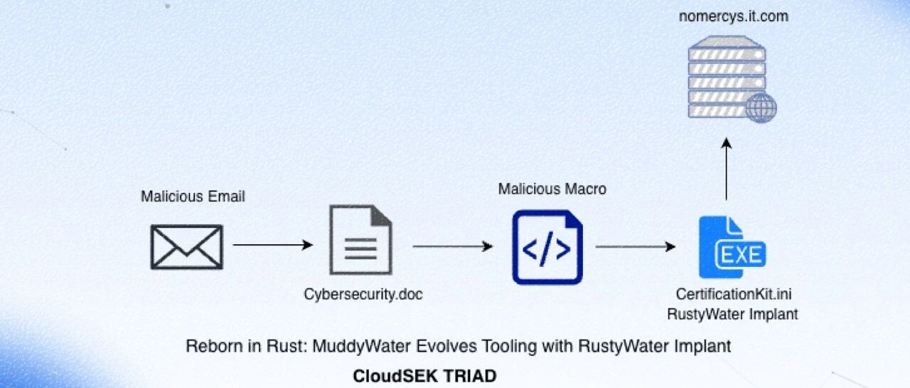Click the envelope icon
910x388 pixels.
point(187,247)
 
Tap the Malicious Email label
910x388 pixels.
point(193,196)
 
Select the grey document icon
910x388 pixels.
point(360,239)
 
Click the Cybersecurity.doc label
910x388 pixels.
point(363,294)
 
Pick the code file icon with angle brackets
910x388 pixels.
point(547,247)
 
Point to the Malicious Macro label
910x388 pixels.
point(552,189)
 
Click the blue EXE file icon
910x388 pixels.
point(732,247)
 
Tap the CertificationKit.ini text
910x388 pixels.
point(734,294)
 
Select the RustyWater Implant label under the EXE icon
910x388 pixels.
point(732,314)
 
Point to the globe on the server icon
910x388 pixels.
point(761,108)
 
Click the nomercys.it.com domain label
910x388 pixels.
point(733,16)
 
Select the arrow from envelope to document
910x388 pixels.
point(273,245)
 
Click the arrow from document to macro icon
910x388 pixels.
point(453,246)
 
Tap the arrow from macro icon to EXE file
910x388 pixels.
point(636,246)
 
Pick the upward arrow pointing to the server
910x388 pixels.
point(727,169)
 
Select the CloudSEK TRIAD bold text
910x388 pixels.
point(424,376)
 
